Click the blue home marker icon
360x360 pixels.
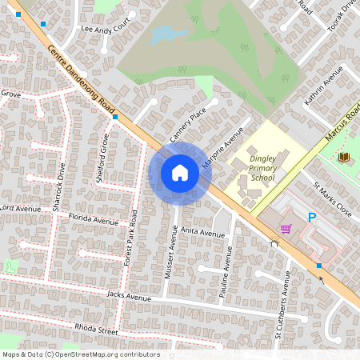pos(179,173)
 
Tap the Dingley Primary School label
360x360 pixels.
pos(262,169)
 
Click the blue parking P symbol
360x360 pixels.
pos(313,217)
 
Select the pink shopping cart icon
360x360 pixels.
pos(285,229)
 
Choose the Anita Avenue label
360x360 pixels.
pos(202,233)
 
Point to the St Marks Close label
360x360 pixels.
pos(332,202)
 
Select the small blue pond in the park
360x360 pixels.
pos(162,34)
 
